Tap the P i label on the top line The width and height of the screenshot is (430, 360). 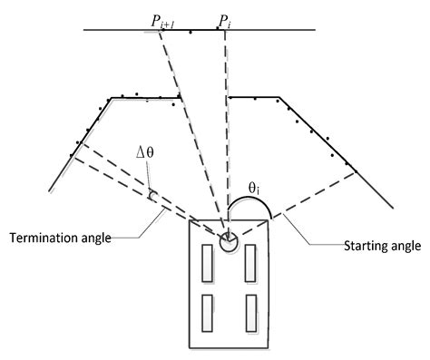pyautogui.click(x=225, y=19)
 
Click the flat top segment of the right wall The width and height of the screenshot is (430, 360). pyautogui.click(x=254, y=97)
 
